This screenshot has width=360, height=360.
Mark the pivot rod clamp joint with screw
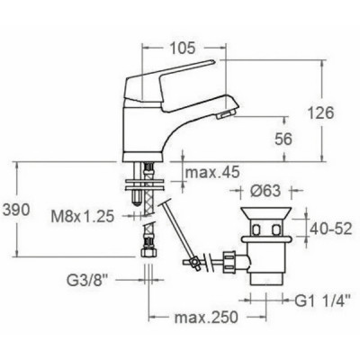click(x=192, y=263)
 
